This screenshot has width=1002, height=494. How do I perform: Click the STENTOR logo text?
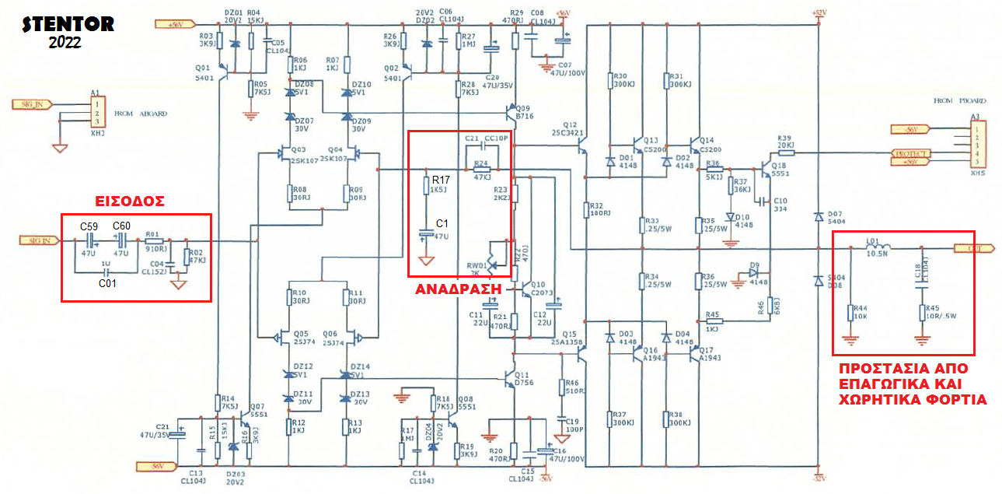click(x=68, y=24)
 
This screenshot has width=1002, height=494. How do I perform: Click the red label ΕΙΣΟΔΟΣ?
click(x=131, y=201)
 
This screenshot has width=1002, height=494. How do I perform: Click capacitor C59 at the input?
click(x=88, y=241)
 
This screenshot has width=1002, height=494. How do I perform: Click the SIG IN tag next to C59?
click(x=42, y=241)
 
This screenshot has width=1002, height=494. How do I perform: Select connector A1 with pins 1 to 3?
click(x=96, y=112)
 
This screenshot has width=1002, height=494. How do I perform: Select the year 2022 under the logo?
click(x=64, y=43)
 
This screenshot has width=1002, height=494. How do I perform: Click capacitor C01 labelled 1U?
click(x=106, y=272)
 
